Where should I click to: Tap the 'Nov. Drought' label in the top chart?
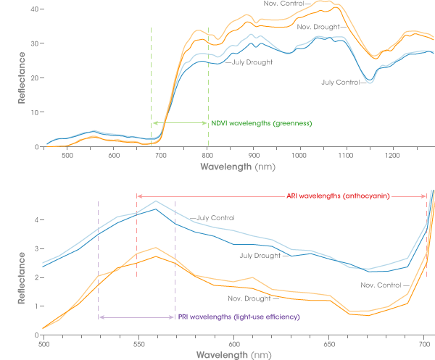(317, 27)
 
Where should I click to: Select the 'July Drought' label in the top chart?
(252, 62)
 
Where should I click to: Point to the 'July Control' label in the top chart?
(340, 82)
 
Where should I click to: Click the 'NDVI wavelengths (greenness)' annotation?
(261, 123)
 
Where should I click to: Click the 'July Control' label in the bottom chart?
(215, 218)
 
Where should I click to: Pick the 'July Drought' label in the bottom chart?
(260, 255)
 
